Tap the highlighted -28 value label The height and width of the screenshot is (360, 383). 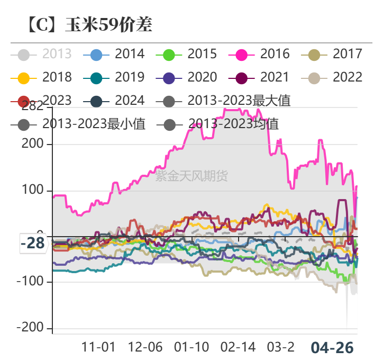(33, 244)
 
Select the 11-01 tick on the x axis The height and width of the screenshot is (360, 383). (98, 347)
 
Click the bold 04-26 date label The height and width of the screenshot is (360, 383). (332, 348)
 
